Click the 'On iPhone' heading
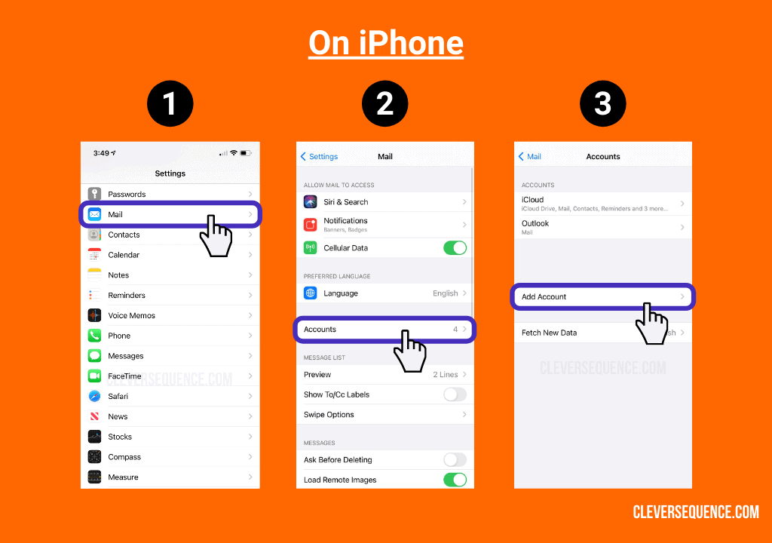(385, 43)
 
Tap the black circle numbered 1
(170, 103)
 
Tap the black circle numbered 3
(602, 103)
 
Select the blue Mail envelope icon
(94, 214)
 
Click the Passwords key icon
(94, 194)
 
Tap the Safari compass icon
(94, 396)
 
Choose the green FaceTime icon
(94, 376)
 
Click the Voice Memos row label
(131, 315)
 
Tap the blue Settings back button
(319, 156)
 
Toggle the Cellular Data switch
(455, 247)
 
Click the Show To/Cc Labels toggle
(455, 394)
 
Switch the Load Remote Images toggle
(455, 480)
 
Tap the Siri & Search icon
(311, 202)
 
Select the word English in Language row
(445, 293)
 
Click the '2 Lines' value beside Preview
(445, 374)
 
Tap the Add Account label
(544, 296)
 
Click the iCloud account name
(532, 200)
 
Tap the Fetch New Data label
(549, 333)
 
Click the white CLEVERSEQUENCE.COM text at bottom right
(695, 512)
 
